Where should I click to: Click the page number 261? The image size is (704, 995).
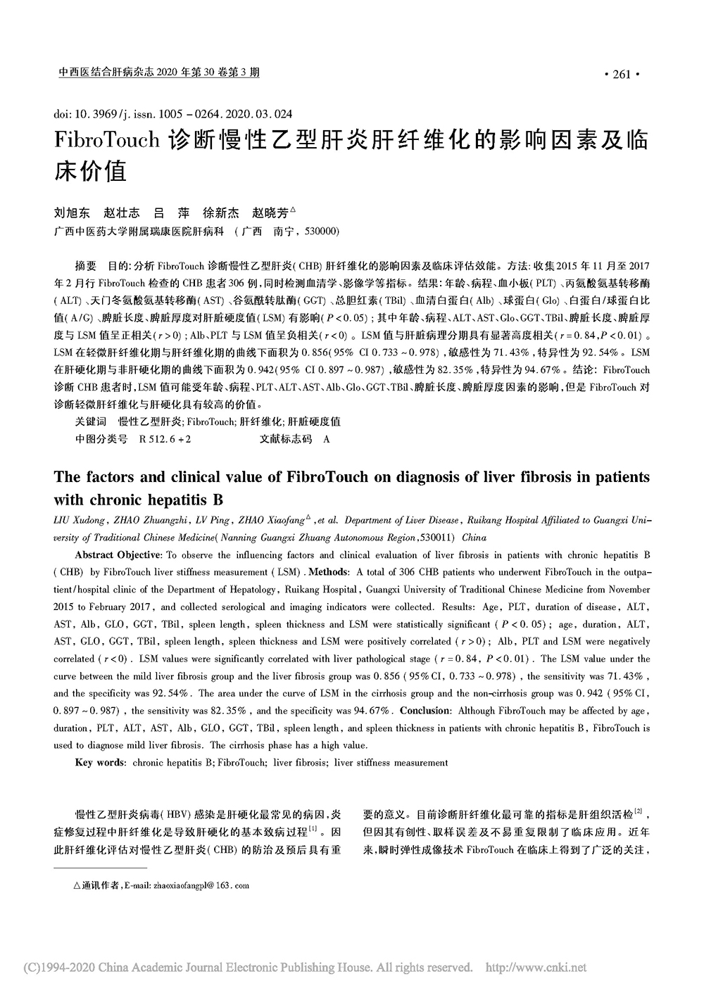(622, 75)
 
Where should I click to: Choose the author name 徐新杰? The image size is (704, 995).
(221, 212)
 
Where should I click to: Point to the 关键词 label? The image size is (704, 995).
(91, 422)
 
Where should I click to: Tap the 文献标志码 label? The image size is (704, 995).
(286, 438)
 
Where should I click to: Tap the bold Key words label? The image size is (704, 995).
(101, 762)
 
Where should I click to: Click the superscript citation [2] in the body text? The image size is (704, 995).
(639, 812)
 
